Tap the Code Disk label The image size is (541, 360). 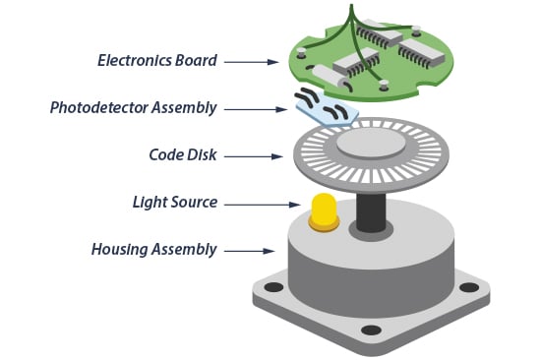tap(184, 155)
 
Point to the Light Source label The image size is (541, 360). tap(174, 203)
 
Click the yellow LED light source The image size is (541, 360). tap(324, 208)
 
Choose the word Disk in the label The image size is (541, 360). tap(200, 155)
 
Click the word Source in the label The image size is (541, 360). tap(193, 203)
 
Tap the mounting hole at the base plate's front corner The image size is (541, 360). tap(371, 330)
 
